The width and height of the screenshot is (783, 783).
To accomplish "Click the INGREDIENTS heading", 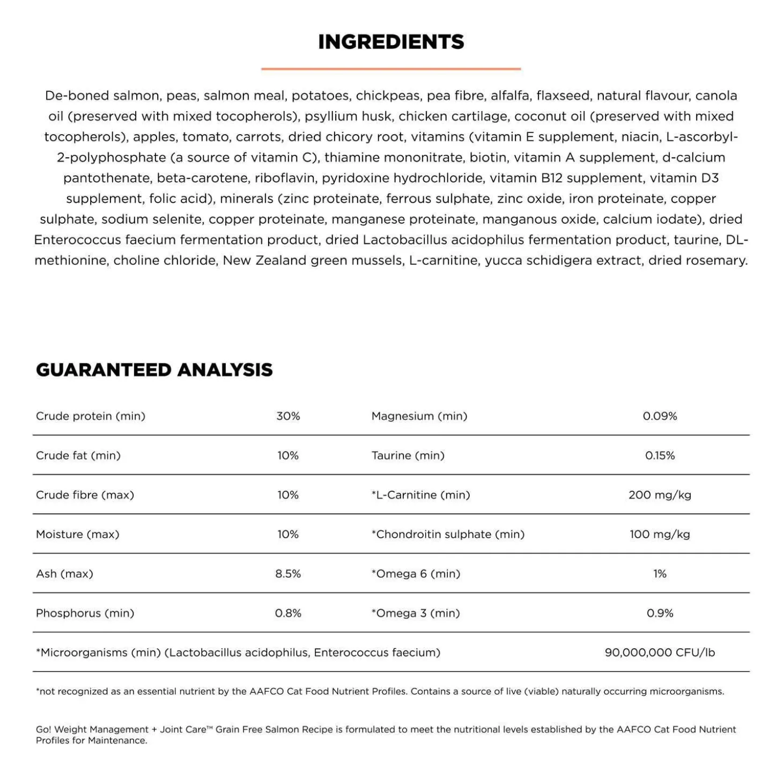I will (391, 42).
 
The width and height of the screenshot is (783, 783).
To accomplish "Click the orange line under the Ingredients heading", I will (391, 69).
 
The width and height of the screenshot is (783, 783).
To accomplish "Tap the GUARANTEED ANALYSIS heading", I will (154, 370).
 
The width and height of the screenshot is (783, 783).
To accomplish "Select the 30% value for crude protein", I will (288, 416).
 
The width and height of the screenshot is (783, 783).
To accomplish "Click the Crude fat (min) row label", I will (78, 455).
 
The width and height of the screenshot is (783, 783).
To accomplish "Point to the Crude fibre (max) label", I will (85, 495).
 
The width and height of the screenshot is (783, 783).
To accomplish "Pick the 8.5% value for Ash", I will (288, 574).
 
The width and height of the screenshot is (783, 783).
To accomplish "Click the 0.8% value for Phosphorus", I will (288, 613).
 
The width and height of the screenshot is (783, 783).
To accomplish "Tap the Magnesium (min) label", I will (419, 416).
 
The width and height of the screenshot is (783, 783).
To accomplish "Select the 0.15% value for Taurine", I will (660, 455).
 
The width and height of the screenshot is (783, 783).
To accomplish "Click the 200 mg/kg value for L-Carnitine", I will (660, 495).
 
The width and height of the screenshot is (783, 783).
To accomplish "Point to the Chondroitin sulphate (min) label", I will (448, 534).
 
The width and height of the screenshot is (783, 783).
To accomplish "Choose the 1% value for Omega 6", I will (660, 574).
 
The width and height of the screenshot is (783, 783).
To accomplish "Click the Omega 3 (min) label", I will (416, 613).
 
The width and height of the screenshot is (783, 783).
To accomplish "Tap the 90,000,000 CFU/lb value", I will (660, 653).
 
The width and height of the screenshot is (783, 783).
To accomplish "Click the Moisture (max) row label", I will (78, 534).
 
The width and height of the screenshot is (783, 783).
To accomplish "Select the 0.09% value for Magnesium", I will (660, 416).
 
